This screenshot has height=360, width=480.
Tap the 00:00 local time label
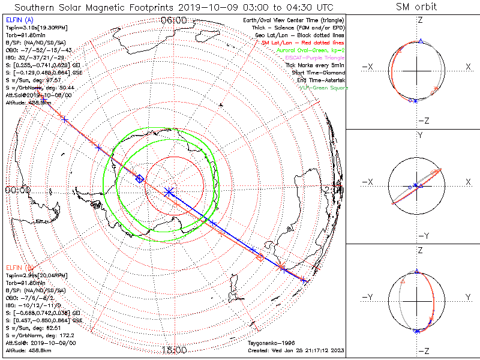17,190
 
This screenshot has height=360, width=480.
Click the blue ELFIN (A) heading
20,20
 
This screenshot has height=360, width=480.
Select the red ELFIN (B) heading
20,267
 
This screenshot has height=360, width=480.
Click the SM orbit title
416,7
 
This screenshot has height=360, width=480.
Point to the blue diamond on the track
140,178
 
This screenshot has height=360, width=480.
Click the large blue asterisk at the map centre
169,191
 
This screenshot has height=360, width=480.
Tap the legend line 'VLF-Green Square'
323,88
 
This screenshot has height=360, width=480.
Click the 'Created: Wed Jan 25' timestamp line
296,350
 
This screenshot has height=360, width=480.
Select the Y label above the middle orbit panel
419,135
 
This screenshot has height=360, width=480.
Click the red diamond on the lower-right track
260,257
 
